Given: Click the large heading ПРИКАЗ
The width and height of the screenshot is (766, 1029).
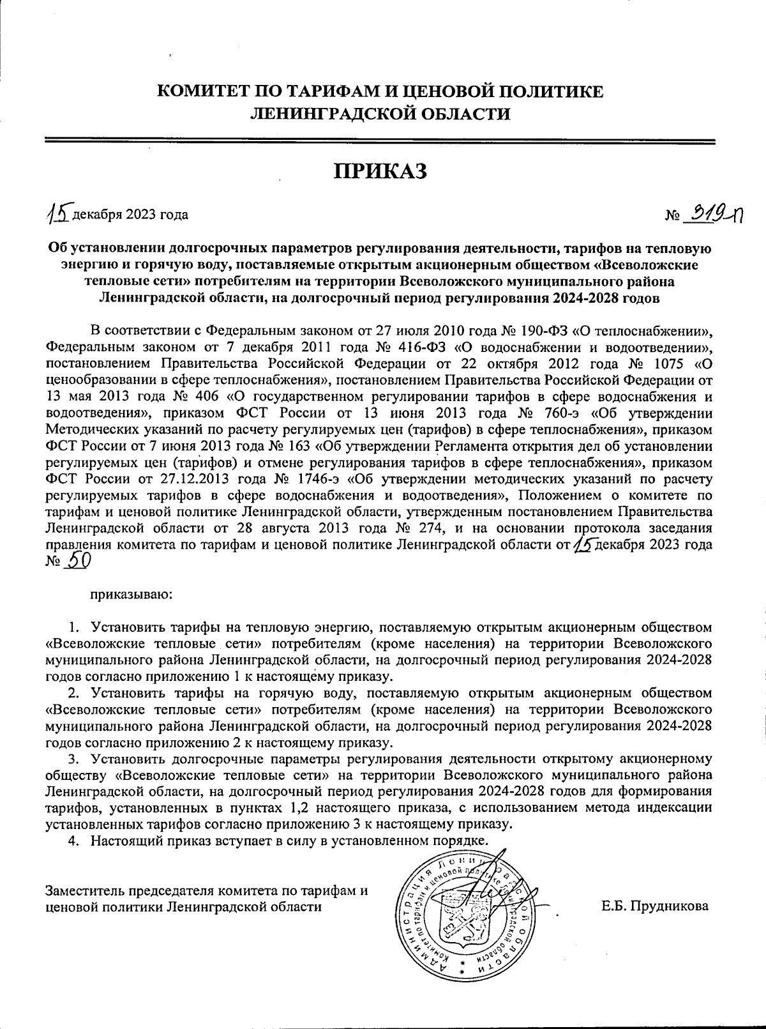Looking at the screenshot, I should point(380,171).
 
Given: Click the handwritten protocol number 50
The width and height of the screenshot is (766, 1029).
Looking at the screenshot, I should point(79,560).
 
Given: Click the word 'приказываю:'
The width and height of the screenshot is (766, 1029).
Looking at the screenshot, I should point(132,594).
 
